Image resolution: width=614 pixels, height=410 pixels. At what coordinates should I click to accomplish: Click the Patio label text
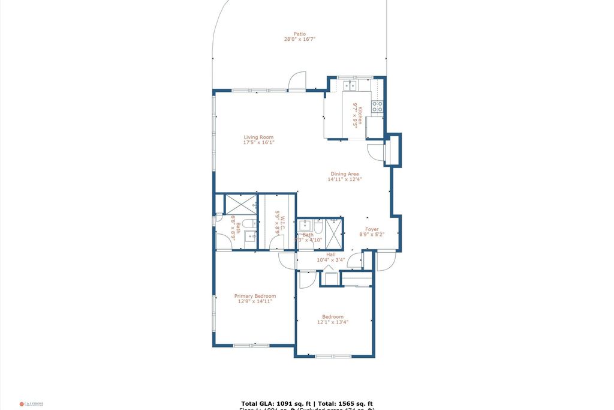pyautogui.click(x=299, y=34)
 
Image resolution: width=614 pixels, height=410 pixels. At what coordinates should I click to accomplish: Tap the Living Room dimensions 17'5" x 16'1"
pyautogui.click(x=258, y=143)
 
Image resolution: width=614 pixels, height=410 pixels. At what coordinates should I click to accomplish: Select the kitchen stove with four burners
pyautogui.click(x=377, y=107)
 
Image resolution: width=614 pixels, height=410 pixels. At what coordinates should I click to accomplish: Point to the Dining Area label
pyautogui.click(x=345, y=174)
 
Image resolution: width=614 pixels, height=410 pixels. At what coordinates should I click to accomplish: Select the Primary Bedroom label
pyautogui.click(x=255, y=296)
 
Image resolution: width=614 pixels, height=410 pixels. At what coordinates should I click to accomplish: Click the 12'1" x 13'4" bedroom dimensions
pyautogui.click(x=333, y=322)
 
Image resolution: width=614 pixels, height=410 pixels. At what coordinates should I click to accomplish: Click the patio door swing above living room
pyautogui.click(x=297, y=81)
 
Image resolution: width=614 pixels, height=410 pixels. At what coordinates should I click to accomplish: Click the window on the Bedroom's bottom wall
pyautogui.click(x=333, y=357)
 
